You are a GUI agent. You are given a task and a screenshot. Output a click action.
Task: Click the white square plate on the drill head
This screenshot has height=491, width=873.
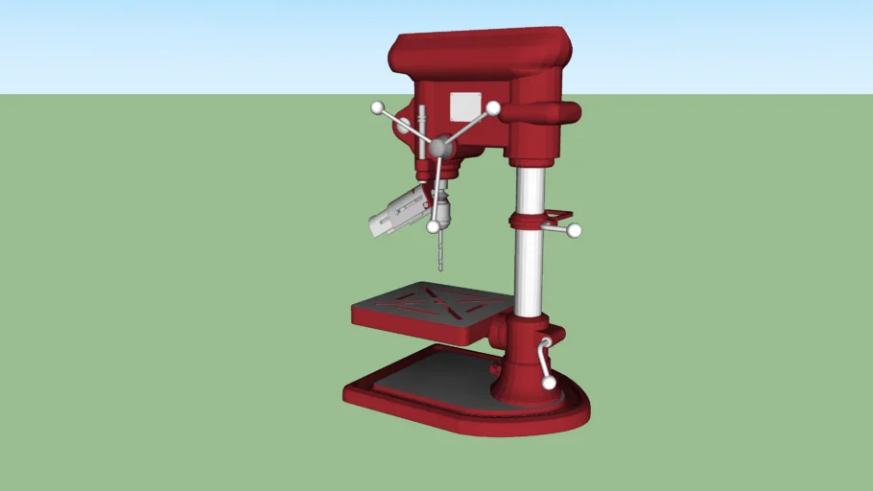coord(465,105)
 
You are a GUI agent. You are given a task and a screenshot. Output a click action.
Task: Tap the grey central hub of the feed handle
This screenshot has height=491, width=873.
coord(440,147)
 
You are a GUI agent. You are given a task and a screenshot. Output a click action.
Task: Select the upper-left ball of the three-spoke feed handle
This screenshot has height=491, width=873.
coord(377,107)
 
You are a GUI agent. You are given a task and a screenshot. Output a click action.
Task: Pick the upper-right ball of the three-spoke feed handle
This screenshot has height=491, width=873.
coord(493,108)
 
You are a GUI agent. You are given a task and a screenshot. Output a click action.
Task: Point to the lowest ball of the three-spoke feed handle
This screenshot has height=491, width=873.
coord(434,227)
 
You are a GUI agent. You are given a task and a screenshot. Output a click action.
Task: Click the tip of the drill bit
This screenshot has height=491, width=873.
coord(440,269)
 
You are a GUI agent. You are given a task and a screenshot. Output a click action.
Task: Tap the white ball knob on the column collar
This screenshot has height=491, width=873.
coord(575,230)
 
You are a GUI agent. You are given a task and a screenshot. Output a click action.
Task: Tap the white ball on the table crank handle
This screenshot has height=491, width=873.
coord(549,383)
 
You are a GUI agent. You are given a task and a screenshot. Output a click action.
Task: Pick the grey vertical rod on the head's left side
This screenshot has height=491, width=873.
coord(421,134)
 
